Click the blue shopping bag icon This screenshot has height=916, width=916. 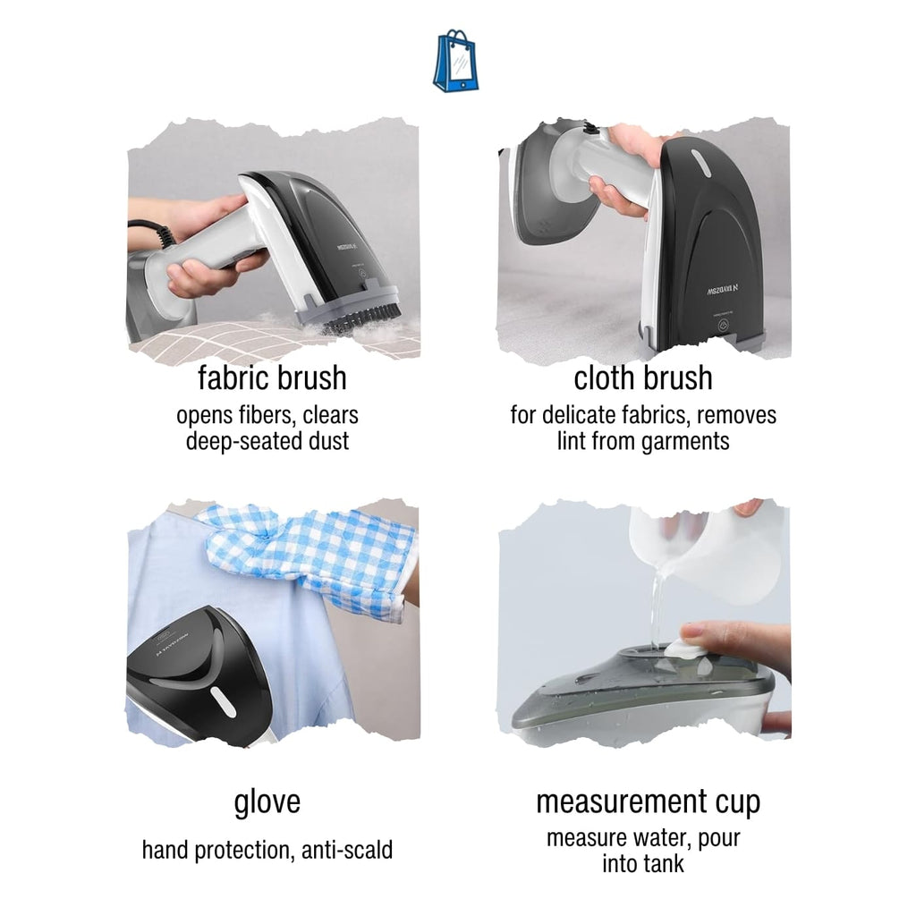pos(456,62)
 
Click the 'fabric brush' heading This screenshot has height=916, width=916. pos(272,378)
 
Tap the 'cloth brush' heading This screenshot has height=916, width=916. pos(643,378)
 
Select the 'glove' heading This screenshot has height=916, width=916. pos(267,801)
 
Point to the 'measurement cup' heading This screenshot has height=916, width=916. pos(649,801)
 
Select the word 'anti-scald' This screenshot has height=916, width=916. pos(347,850)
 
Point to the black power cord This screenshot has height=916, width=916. pos(150,232)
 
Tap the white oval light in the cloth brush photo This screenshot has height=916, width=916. pos(700,163)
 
